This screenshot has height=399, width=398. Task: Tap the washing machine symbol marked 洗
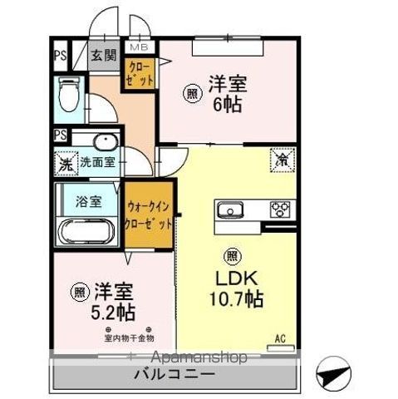pyautogui.click(x=65, y=163)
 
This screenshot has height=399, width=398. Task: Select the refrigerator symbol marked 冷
pyautogui.click(x=283, y=157)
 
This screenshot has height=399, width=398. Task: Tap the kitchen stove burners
pyautogui.click(x=280, y=209)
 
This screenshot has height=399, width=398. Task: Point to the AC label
pyautogui.click(x=282, y=338)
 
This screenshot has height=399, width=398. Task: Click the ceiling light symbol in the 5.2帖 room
pyautogui.click(x=78, y=292)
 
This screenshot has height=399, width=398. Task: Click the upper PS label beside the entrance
pyautogui.click(x=61, y=56)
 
